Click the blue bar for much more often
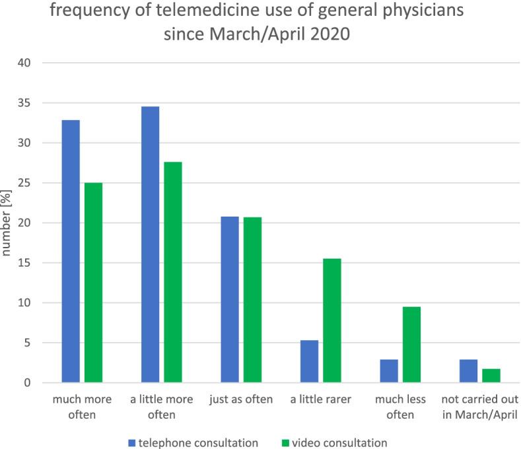[70, 252]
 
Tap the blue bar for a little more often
[150, 245]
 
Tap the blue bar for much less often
[389, 371]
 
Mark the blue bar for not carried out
[468, 371]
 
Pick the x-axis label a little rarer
[320, 399]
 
